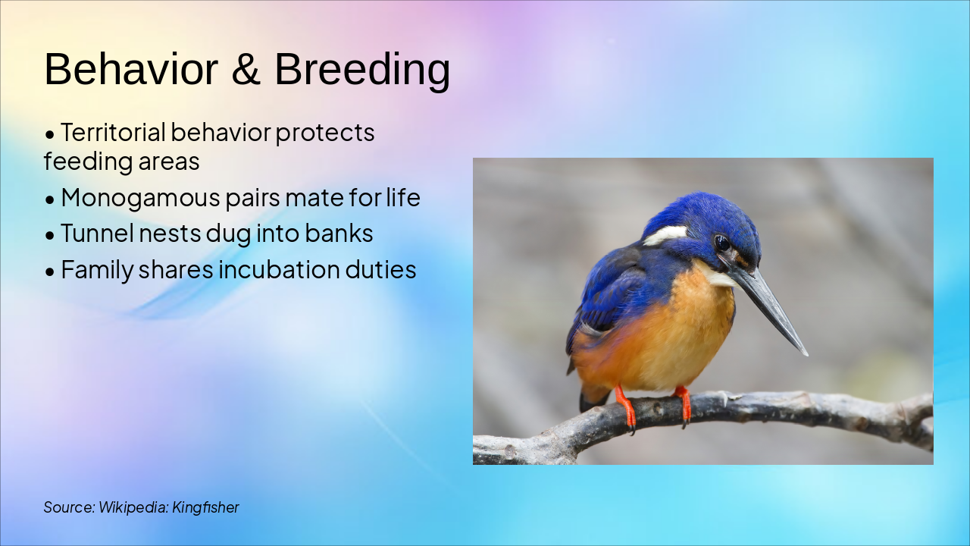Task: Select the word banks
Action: point(339,234)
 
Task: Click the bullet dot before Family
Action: point(50,271)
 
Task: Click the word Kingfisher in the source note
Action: point(205,507)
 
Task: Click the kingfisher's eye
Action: point(721,243)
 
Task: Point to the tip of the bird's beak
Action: point(805,353)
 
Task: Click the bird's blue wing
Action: point(606,296)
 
